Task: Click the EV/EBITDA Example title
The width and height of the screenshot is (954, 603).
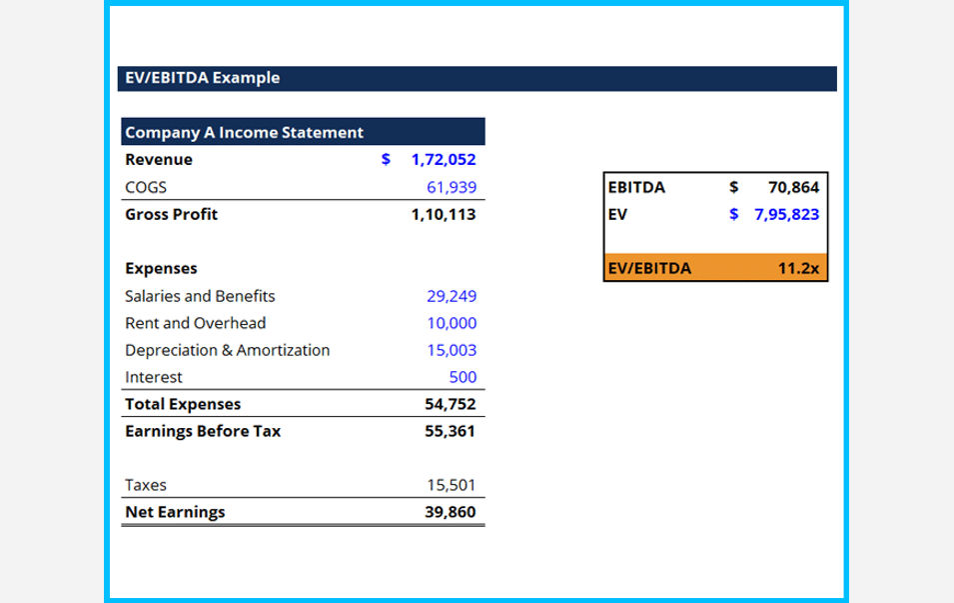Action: (202, 78)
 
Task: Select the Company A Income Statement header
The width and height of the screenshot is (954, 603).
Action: (244, 132)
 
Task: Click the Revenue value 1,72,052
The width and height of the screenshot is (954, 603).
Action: (444, 160)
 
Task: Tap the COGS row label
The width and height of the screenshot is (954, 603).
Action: (146, 187)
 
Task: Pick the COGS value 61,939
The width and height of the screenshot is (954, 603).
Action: (452, 187)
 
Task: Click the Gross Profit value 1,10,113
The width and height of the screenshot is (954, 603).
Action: (444, 214)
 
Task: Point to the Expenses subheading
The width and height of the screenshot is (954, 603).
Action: (161, 268)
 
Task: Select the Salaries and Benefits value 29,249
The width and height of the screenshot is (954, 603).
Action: (452, 296)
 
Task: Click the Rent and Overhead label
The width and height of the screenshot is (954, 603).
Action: (196, 323)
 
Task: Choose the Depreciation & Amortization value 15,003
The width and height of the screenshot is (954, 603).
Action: (452, 350)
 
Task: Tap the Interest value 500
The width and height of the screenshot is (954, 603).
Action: (463, 377)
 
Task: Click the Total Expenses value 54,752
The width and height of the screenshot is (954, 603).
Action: (450, 404)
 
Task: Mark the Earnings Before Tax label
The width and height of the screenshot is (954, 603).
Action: (203, 431)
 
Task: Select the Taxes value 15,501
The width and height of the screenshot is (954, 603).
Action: (452, 485)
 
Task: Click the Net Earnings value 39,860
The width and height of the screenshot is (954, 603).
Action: (450, 512)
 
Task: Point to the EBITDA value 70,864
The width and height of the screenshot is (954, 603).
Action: (793, 187)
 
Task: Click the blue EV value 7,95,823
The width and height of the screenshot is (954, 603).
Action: (786, 214)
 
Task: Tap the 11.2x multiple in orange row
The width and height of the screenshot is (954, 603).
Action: (798, 268)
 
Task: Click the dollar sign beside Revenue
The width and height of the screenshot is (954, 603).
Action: (386, 160)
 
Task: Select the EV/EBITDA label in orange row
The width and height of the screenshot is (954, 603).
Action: (649, 268)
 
